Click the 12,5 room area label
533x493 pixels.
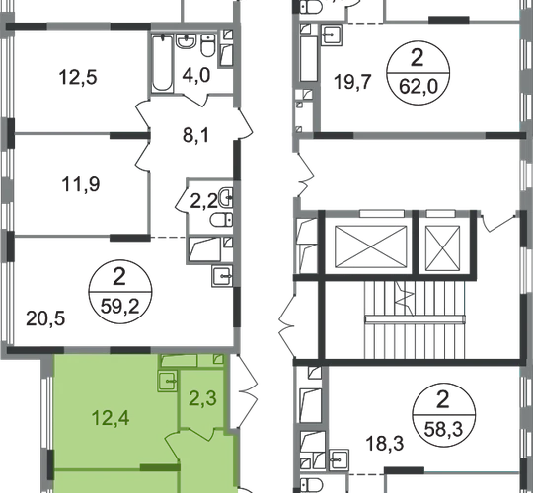click(78, 77)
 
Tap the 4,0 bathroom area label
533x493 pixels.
click(196, 75)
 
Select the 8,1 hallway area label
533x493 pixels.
click(195, 135)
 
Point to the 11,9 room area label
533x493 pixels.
click(81, 184)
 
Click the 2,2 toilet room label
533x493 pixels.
click(203, 201)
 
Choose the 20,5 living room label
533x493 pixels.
click(45, 318)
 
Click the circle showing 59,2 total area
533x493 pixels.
click(120, 291)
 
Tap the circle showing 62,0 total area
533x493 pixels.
click(418, 73)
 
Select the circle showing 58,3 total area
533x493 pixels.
click(443, 415)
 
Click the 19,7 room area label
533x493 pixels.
click(351, 82)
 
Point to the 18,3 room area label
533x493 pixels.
click(385, 444)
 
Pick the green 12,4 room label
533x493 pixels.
click(111, 418)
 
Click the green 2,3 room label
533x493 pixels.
click(202, 398)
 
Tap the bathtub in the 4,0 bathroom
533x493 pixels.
click(162, 63)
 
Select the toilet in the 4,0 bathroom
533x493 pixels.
click(207, 45)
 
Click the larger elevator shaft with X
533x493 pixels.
click(370, 246)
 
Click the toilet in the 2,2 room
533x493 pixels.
click(221, 220)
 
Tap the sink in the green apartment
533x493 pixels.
click(167, 382)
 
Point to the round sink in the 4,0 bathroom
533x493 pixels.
click(186, 40)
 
